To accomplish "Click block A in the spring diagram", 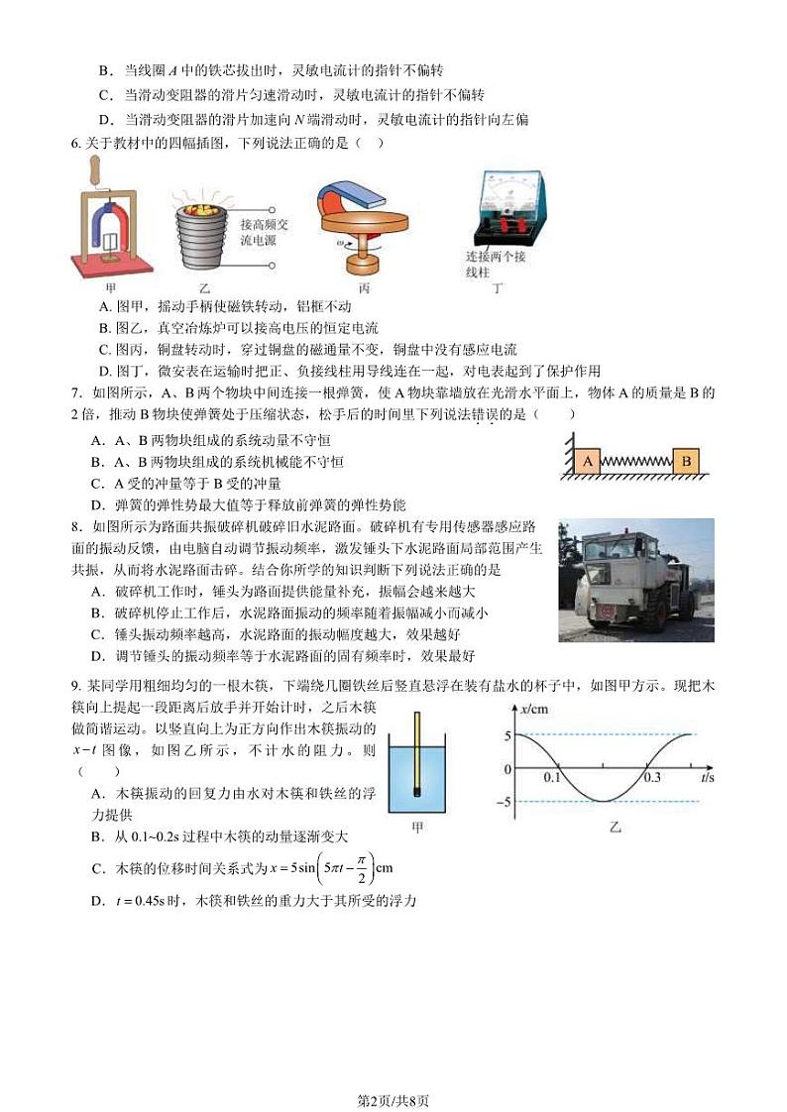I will [588, 461].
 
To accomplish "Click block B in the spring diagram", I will [685, 461].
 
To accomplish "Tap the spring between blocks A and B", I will [636, 462].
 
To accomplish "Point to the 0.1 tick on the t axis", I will [553, 778].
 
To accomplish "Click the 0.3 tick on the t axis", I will [651, 778].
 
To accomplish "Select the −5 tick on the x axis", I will [507, 801].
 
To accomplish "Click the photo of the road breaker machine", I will [635, 580].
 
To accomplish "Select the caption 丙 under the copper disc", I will [363, 288].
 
